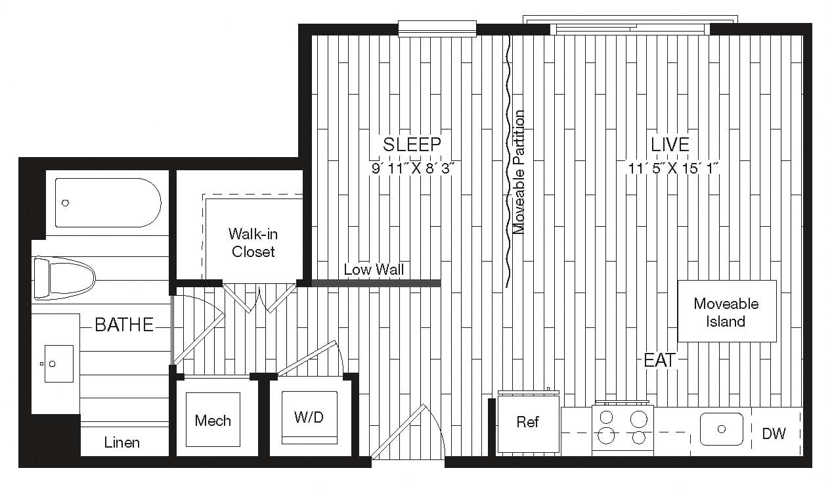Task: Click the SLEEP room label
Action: pos(412,144)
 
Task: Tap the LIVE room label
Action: pos(670,144)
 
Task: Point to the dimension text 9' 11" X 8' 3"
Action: pos(413,168)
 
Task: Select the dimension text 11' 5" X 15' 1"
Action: pos(674,168)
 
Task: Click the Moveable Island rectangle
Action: pos(726,312)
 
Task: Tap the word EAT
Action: pos(659,360)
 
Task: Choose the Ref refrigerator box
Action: pos(528,422)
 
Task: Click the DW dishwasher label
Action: pos(774,433)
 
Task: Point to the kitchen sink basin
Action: pos(721,429)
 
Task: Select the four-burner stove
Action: pos(622,427)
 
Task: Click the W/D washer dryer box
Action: pos(309,417)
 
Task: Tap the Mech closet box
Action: pos(213,421)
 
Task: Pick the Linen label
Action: pos(122,442)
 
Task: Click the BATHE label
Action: pos(124,324)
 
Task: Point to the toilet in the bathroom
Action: pos(64,278)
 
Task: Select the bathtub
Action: pos(108,202)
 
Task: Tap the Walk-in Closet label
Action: pos(253,242)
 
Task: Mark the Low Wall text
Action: pos(374,269)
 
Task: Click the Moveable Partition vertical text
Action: pos(519,172)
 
